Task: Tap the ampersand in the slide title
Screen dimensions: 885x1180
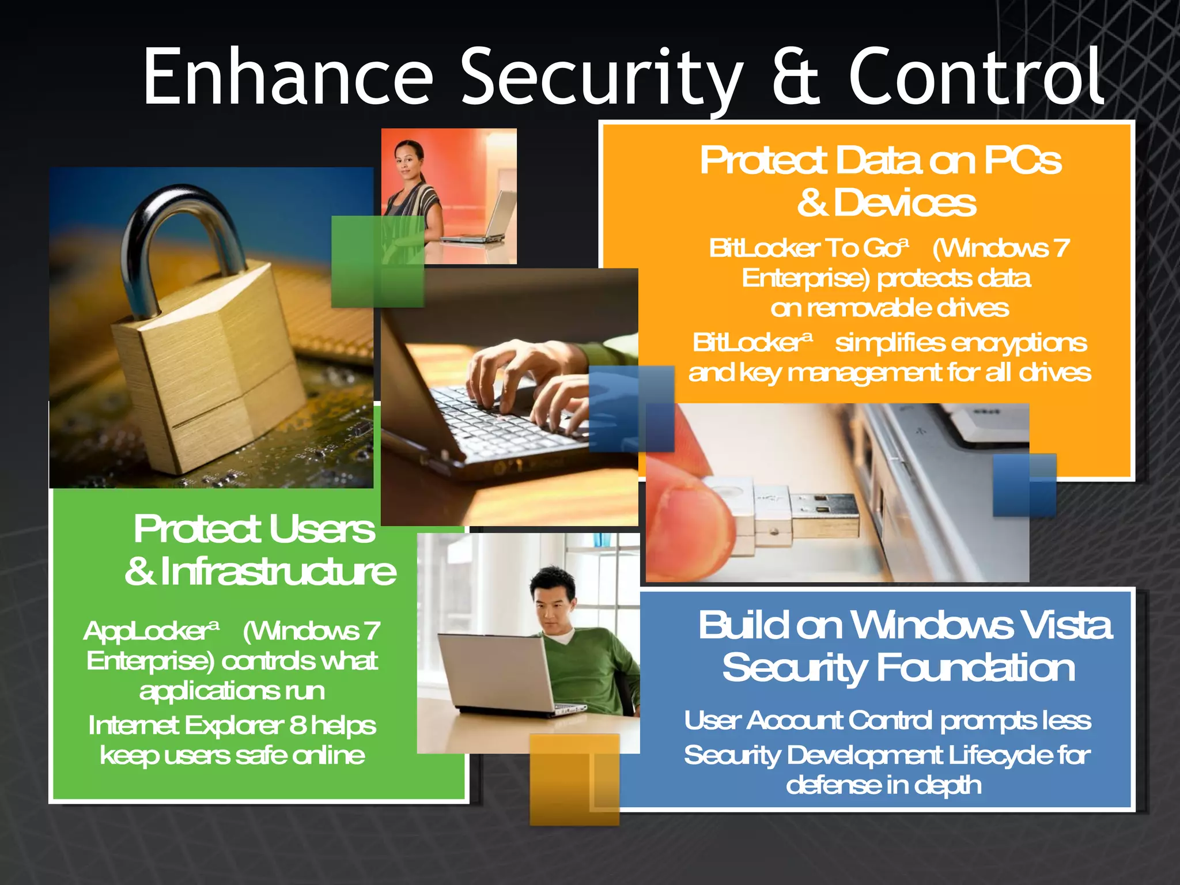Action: (795, 78)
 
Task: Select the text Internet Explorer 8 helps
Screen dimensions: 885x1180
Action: (232, 725)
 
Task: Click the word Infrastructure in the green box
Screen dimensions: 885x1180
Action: (278, 572)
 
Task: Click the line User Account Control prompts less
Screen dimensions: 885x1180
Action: (887, 721)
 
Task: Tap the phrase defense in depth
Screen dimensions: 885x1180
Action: (884, 785)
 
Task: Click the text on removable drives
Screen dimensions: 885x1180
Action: (890, 308)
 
